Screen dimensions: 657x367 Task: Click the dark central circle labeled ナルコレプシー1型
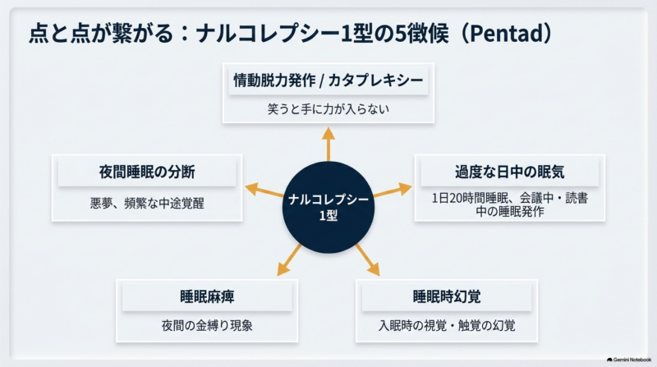click(328, 208)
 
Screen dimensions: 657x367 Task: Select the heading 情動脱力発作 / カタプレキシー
click(328, 80)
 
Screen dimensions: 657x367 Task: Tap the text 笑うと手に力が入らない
click(328, 109)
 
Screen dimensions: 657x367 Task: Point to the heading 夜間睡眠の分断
click(147, 172)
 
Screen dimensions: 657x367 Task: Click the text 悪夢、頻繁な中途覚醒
click(147, 203)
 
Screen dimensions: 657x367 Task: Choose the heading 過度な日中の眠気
click(509, 172)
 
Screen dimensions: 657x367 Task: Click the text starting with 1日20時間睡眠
click(509, 204)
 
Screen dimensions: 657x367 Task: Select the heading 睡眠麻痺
click(207, 296)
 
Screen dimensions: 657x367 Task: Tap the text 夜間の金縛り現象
click(207, 325)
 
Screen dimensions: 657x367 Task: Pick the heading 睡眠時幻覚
click(447, 296)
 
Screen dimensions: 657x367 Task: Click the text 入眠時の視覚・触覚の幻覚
click(447, 325)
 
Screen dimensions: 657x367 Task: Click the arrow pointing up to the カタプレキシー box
click(328, 145)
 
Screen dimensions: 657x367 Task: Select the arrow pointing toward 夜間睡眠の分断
click(264, 190)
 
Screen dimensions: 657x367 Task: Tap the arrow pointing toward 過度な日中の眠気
click(393, 190)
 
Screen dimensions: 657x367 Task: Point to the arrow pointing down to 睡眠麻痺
click(289, 259)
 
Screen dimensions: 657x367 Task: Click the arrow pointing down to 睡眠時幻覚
click(368, 259)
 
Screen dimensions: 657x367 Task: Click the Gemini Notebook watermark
click(629, 360)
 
